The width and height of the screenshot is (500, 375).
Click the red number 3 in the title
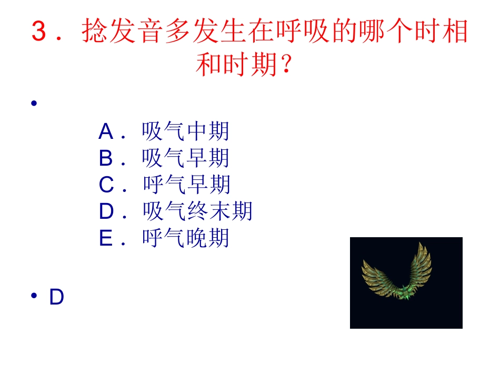click(40, 32)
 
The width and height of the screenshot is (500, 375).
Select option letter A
click(106, 131)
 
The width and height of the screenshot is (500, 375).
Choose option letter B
click(106, 158)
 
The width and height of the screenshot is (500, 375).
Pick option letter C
click(106, 185)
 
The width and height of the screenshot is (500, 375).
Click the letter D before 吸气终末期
click(106, 212)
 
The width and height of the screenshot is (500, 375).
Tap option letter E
click(106, 239)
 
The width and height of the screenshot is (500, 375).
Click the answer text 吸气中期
click(185, 131)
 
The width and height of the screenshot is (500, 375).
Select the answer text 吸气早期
click(185, 158)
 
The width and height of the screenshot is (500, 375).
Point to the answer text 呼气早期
click(186, 185)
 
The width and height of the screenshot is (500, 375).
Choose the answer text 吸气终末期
click(198, 212)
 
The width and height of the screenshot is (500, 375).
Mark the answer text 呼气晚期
click(186, 239)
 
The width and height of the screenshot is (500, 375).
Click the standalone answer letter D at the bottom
click(56, 298)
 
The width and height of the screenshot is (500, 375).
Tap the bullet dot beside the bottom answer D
click(34, 297)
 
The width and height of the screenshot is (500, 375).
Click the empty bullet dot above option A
click(34, 104)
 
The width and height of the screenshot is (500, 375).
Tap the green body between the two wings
click(404, 291)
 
